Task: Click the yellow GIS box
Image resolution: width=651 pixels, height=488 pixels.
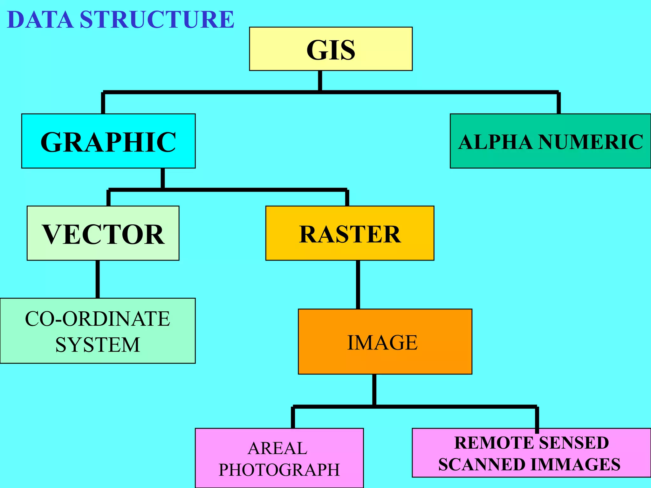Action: (x=331, y=49)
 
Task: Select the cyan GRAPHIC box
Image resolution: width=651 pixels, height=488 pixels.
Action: (x=108, y=141)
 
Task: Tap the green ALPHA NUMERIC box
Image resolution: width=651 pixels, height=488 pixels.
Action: (x=550, y=141)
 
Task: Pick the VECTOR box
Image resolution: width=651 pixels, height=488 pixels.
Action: (x=103, y=234)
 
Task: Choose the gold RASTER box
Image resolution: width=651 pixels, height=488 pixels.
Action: (x=350, y=234)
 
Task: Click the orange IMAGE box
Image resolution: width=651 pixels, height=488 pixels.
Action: (x=385, y=342)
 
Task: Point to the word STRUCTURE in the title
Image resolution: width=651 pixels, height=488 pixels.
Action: (x=157, y=20)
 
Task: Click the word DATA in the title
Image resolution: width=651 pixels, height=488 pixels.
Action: (x=40, y=20)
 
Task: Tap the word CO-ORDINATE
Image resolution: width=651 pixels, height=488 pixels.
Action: (x=97, y=319)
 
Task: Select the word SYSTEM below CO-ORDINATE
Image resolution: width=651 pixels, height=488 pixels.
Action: (x=97, y=345)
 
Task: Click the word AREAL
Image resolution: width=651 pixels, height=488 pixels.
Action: (x=278, y=448)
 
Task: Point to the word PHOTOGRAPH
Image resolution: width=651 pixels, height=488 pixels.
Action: (x=279, y=470)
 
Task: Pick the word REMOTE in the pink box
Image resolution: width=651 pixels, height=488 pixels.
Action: (x=491, y=443)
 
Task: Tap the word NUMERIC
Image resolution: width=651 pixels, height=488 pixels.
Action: (x=591, y=142)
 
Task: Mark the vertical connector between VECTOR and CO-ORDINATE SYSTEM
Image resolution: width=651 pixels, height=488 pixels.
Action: (x=98, y=279)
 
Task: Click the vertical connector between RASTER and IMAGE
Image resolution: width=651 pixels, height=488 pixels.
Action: (x=358, y=284)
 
